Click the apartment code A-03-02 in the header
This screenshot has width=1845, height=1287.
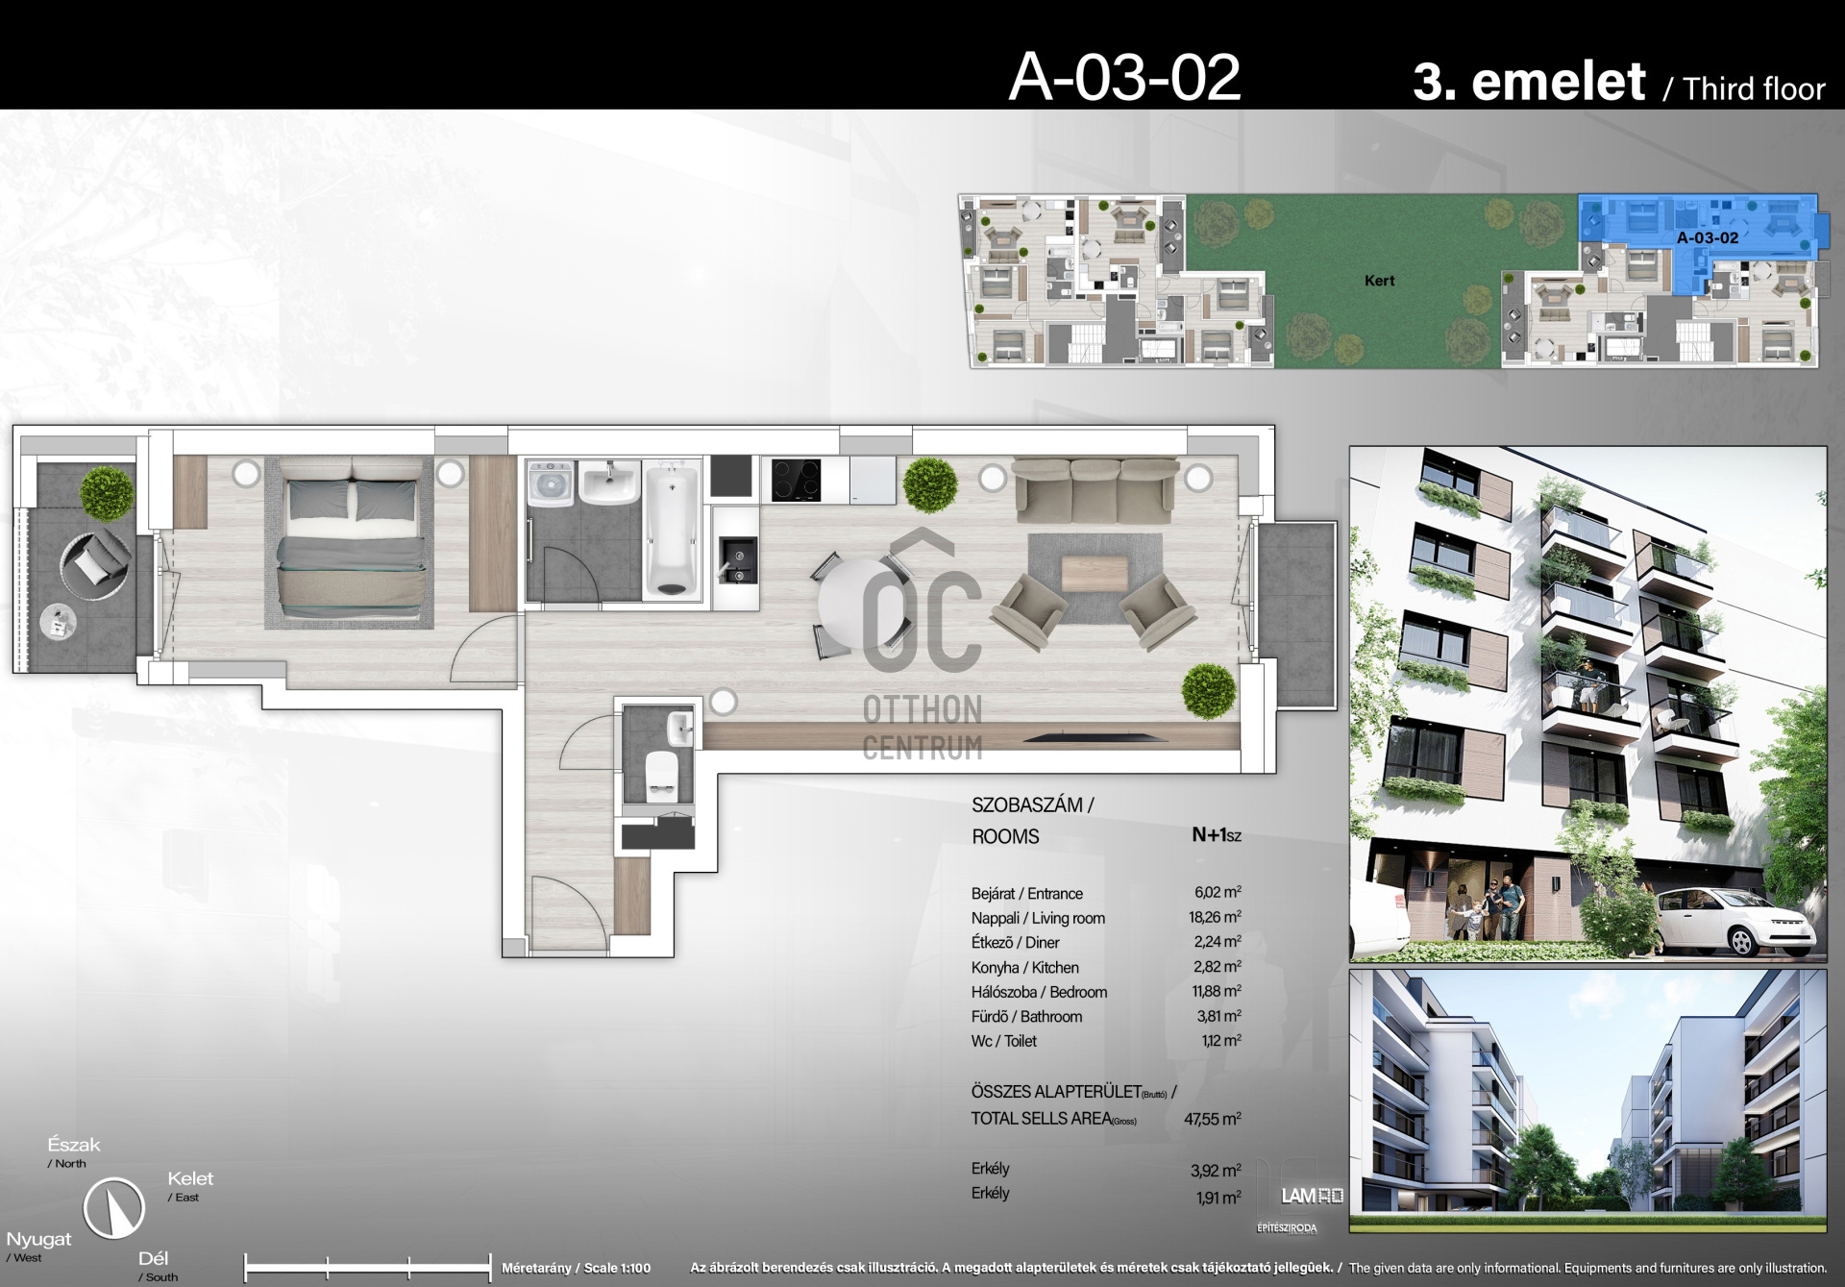pyautogui.click(x=1124, y=77)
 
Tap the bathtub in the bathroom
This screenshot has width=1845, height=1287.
pyautogui.click(x=672, y=531)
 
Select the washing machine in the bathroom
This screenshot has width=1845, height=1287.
pyautogui.click(x=551, y=483)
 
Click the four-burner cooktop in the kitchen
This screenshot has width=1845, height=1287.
pyautogui.click(x=797, y=480)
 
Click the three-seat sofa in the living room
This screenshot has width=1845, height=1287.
pyautogui.click(x=1095, y=488)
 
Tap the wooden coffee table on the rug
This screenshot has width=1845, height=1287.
pyautogui.click(x=1095, y=575)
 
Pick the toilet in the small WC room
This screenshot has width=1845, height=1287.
pyautogui.click(x=661, y=776)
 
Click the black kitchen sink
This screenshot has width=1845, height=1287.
pyautogui.click(x=738, y=559)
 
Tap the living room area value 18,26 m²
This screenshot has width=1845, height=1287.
pyautogui.click(x=1215, y=917)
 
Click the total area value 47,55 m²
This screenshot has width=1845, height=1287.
pyautogui.click(x=1213, y=1119)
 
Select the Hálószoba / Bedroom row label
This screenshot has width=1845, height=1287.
pyautogui.click(x=1039, y=992)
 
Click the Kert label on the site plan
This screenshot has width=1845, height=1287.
pyautogui.click(x=1379, y=281)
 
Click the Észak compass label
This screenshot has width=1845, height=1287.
pyautogui.click(x=74, y=1145)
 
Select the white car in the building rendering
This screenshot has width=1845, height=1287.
pyautogui.click(x=1734, y=921)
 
